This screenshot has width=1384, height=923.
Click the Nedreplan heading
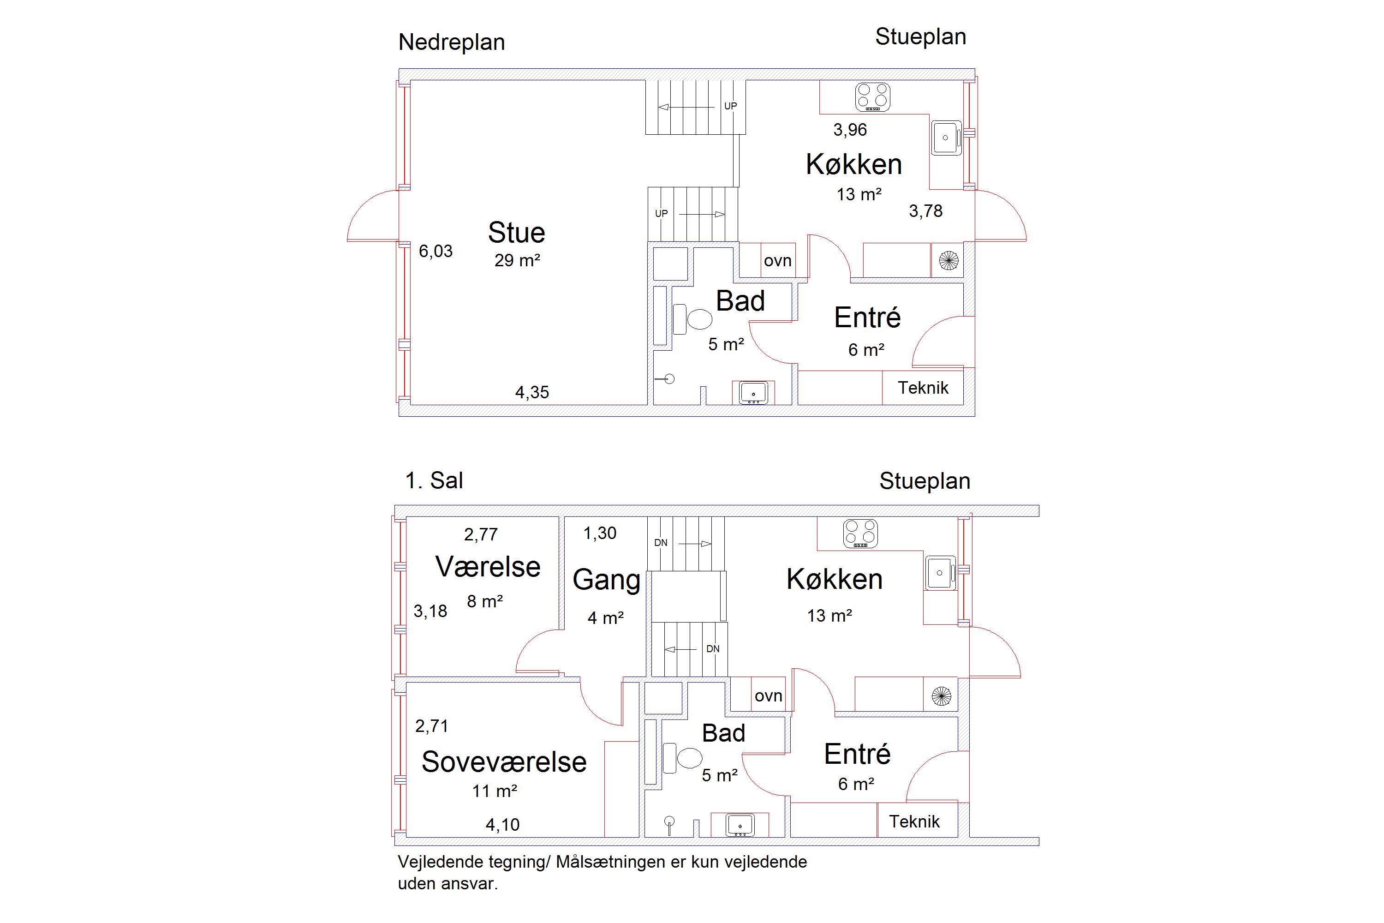click(451, 42)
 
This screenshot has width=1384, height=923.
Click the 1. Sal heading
click(434, 480)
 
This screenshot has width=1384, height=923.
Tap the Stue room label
click(517, 233)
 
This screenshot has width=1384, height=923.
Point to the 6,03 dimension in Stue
click(435, 252)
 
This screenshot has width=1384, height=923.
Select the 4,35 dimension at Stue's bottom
click(532, 393)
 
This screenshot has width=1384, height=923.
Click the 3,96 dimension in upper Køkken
click(850, 130)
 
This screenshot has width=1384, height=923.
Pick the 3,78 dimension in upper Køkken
click(925, 211)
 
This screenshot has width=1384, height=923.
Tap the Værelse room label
click(488, 567)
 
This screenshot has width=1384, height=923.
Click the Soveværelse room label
click(504, 762)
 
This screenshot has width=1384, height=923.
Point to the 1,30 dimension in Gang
click(600, 533)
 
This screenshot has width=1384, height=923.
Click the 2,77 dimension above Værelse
click(481, 534)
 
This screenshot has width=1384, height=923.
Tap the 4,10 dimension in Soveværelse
click(502, 825)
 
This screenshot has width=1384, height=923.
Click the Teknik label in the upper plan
click(923, 388)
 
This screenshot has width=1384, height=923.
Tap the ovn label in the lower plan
click(768, 696)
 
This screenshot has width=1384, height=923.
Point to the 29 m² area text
click(517, 260)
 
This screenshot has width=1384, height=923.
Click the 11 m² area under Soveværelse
click(494, 791)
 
